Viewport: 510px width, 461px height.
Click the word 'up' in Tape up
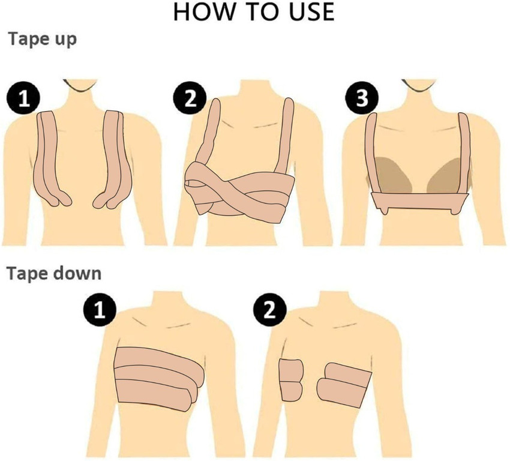click(x=64, y=40)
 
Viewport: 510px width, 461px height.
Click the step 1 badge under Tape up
click(x=23, y=98)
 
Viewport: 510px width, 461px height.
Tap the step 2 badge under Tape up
click(x=190, y=98)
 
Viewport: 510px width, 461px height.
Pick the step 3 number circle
click(x=362, y=98)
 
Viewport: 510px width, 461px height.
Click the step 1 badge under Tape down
click(x=100, y=309)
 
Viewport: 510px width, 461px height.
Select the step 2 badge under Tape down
click(x=270, y=309)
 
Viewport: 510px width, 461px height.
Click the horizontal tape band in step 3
click(x=419, y=201)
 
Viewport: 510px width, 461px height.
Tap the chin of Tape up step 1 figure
click(x=80, y=86)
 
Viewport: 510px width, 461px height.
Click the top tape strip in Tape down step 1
click(x=159, y=360)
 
